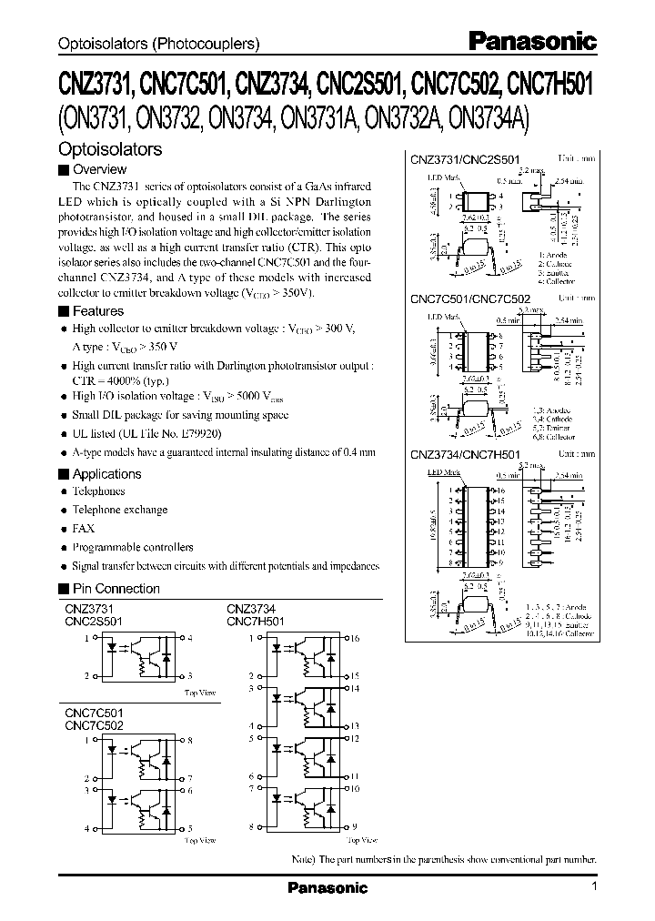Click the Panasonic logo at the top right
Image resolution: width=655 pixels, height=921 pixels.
click(x=532, y=41)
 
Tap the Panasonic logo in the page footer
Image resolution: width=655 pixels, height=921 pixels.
click(x=327, y=887)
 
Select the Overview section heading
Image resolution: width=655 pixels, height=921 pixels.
click(x=99, y=169)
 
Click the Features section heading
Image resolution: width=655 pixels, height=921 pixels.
click(x=97, y=311)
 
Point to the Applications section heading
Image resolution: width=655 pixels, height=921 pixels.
click(x=106, y=474)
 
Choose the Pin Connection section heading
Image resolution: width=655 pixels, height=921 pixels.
click(x=116, y=589)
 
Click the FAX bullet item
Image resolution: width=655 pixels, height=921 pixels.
click(x=84, y=529)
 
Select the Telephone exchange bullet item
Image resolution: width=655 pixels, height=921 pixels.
click(x=120, y=511)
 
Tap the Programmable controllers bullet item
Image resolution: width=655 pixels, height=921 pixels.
click(x=133, y=547)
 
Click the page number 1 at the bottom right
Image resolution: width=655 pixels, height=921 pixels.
click(x=593, y=886)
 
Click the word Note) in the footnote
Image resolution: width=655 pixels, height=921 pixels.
click(x=306, y=859)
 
